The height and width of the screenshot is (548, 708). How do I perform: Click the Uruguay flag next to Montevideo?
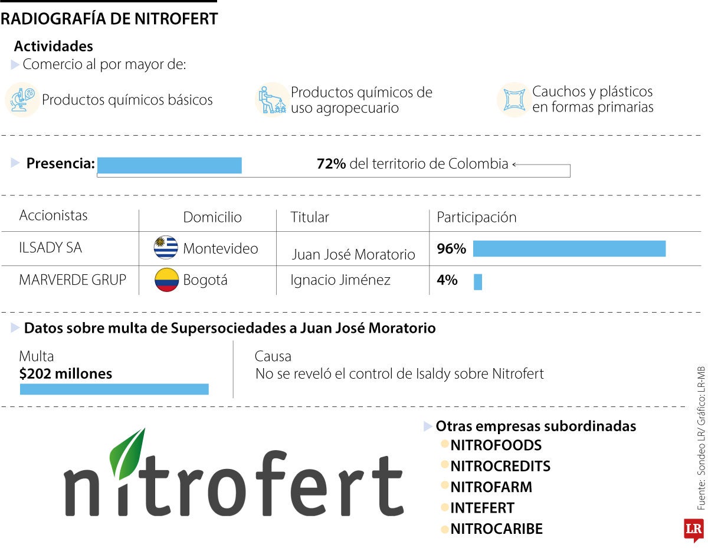[x=166, y=247]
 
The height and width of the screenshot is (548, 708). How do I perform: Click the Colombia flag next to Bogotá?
[x=166, y=280]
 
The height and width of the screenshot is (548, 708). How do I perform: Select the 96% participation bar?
[x=569, y=249]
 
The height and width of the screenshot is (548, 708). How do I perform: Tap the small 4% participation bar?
[x=477, y=282]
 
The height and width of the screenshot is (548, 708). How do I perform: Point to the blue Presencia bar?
[x=169, y=166]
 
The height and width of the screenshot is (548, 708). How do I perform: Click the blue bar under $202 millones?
[x=114, y=389]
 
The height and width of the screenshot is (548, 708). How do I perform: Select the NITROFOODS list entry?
[x=495, y=445]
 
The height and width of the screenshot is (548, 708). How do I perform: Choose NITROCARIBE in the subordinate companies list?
[x=496, y=529]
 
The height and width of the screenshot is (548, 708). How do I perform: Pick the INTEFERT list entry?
[x=481, y=508]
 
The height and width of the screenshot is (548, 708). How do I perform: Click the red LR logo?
[x=693, y=530]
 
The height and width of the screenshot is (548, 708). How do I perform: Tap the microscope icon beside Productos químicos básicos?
[x=22, y=100]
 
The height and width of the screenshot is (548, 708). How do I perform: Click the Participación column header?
[x=476, y=217]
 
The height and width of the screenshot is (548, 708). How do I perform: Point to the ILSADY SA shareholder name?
[x=51, y=248]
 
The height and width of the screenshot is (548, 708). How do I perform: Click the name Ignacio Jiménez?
[x=340, y=280]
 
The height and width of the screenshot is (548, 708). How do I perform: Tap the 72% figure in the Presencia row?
[x=331, y=164]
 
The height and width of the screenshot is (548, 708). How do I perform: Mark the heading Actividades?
[x=53, y=46]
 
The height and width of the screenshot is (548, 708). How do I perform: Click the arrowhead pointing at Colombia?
[x=514, y=165]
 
